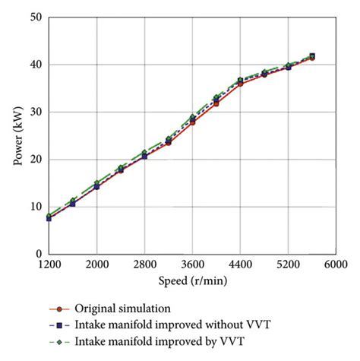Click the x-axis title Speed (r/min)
coord(192,280)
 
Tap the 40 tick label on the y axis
coord(36,65)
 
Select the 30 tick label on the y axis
coord(36,112)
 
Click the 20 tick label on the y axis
coord(36,160)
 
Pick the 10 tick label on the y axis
coord(36,207)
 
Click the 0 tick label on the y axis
coord(39,254)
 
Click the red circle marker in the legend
coord(60,309)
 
